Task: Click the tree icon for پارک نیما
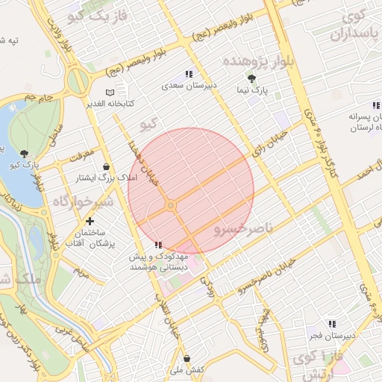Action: pyautogui.click(x=251, y=78)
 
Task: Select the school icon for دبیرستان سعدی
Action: pyautogui.click(x=189, y=75)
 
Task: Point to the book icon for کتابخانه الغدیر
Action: pyautogui.click(x=110, y=92)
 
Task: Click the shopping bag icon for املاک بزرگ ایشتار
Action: pyautogui.click(x=105, y=166)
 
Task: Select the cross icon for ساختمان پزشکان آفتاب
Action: pyautogui.click(x=90, y=221)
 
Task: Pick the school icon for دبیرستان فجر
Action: pyautogui.click(x=332, y=324)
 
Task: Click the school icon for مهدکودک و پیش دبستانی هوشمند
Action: pyautogui.click(x=157, y=245)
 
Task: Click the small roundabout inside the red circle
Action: pyautogui.click(x=171, y=204)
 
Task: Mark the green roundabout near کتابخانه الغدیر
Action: pyautogui.click(x=77, y=79)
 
